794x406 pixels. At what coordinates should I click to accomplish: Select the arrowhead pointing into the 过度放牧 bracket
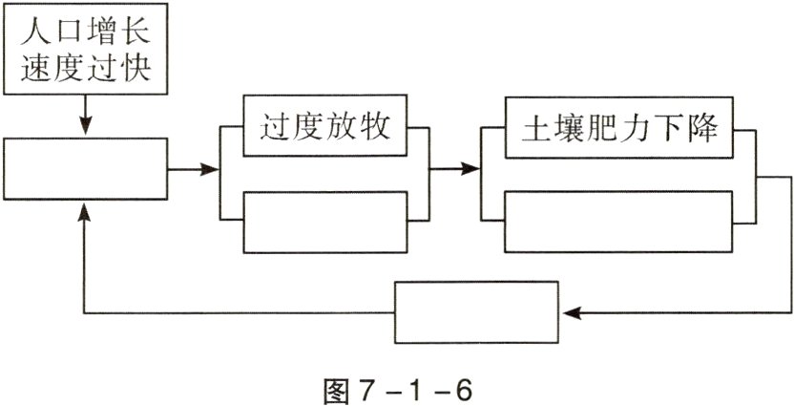[x=213, y=170]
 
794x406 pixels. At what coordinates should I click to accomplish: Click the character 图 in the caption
[x=338, y=387]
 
